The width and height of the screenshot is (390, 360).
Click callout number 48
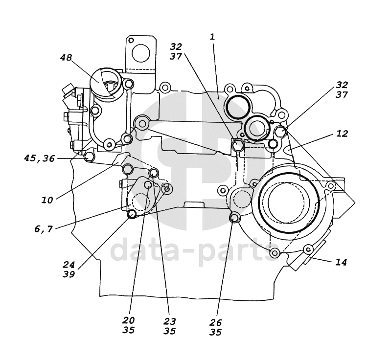pos(66,57)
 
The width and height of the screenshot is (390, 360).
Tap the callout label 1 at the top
pos(212,37)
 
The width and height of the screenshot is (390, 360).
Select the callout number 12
pos(342,134)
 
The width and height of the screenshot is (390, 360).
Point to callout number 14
pos(341,262)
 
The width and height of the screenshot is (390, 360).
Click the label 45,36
pos(39,158)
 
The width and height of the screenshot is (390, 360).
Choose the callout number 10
pos(47,200)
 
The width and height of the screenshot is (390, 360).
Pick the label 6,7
pos(44,229)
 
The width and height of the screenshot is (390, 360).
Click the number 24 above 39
pos(69,265)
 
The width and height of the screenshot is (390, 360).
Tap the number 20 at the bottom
pos(128,320)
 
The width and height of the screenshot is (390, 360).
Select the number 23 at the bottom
pos(170,321)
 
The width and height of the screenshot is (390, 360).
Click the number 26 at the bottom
pos(215,322)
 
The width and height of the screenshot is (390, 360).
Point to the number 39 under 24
pos(69,274)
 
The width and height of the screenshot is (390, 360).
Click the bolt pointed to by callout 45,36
pos(89,157)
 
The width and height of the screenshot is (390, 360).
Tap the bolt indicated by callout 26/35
pos(234,218)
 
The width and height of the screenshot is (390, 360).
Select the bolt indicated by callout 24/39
pos(132,214)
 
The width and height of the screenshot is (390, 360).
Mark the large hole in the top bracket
pos(141,53)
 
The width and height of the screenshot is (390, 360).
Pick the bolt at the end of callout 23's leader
pos(154,172)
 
